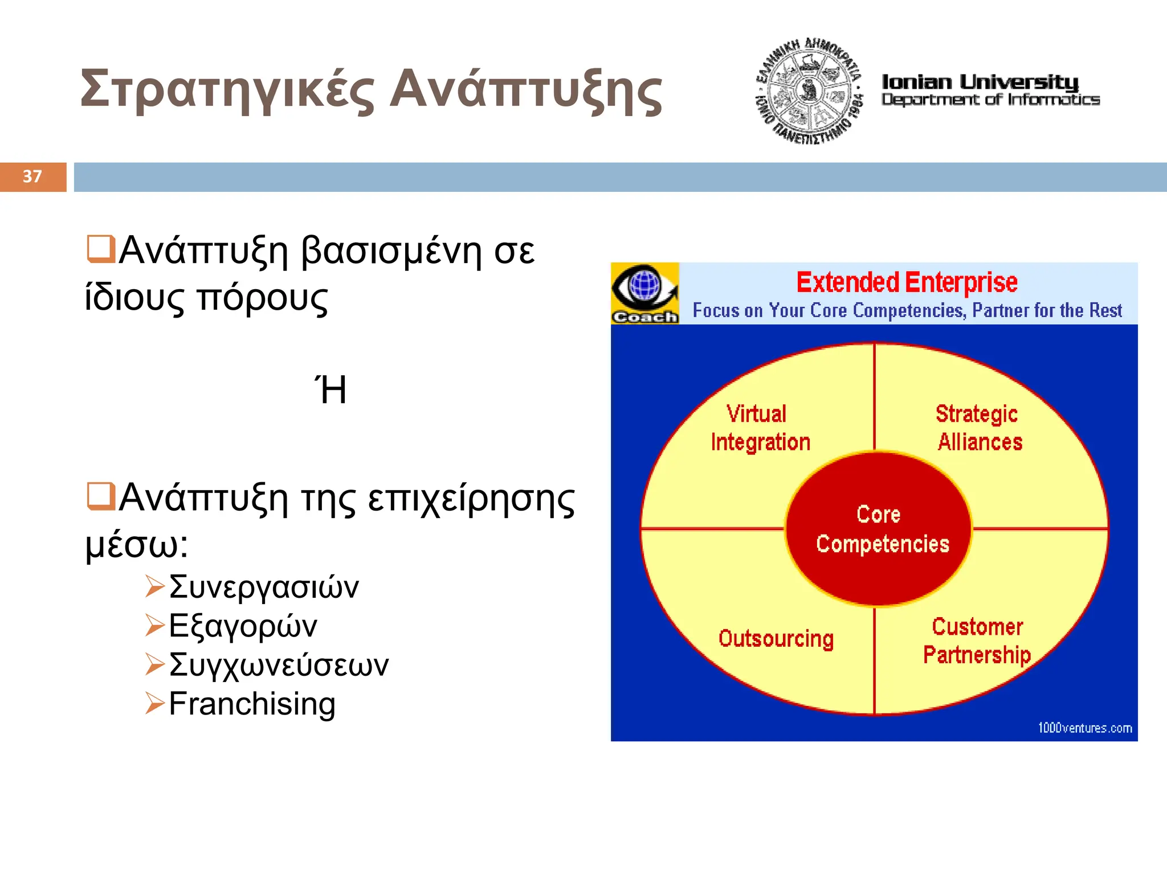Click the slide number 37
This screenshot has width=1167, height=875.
32,176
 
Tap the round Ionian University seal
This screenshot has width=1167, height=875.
808,92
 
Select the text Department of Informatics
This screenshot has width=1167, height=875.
990,100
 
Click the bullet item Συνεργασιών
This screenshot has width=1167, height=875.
264,587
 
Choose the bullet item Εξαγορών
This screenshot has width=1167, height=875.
243,626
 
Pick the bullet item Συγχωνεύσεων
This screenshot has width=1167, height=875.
279,664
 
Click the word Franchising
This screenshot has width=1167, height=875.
252,704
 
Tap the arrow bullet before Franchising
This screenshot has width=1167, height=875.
154,703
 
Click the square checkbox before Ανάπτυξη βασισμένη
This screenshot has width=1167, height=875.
101,249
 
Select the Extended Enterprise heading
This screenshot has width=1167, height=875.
907,282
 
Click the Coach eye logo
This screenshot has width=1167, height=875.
644,293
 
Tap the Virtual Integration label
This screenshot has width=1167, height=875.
760,428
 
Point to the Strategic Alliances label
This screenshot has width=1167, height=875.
978,428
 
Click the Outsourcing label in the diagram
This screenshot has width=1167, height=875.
776,638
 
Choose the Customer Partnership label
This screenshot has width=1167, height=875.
977,640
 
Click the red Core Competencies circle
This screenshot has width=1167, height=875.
878,529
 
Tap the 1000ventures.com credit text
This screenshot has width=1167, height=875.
1084,728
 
